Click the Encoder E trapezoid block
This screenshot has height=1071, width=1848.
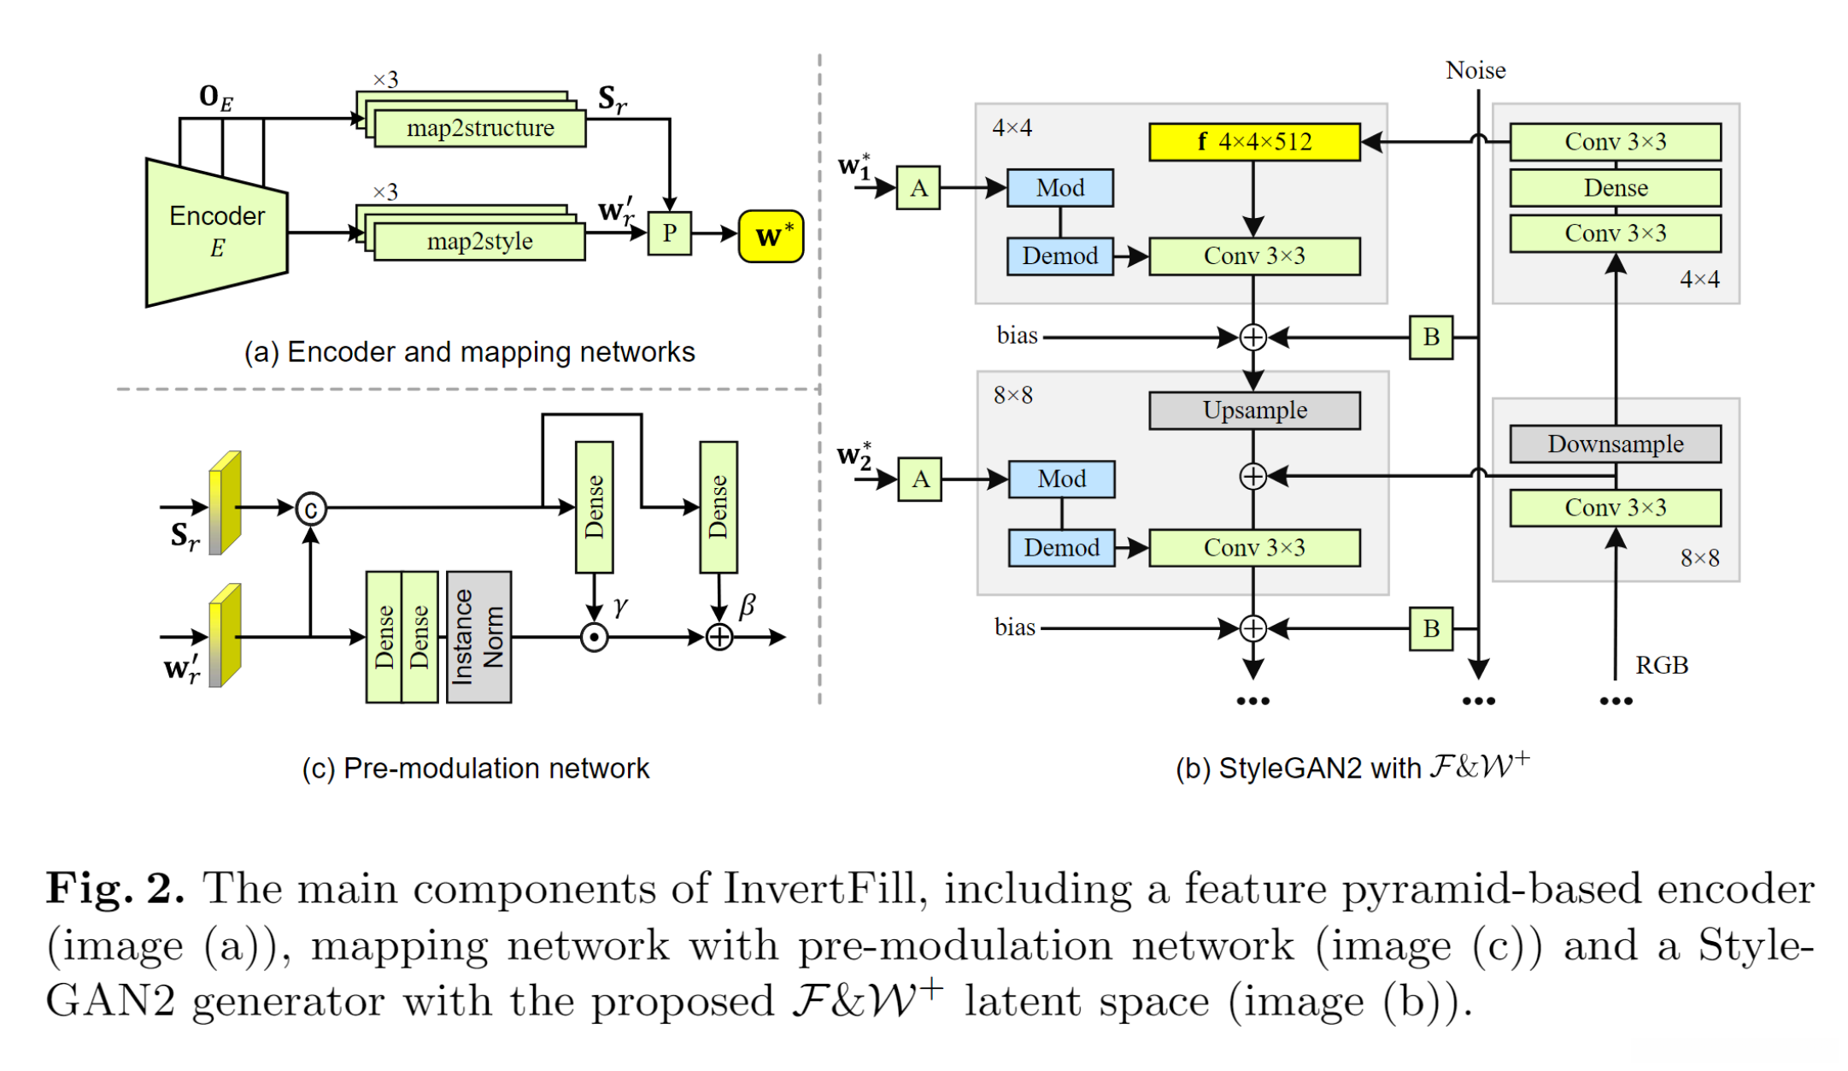(217, 232)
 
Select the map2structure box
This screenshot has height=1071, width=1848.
(480, 128)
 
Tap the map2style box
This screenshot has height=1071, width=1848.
(480, 241)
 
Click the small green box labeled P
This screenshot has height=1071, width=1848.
(669, 233)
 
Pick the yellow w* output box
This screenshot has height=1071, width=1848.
(771, 236)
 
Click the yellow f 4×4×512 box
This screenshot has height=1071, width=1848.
(1254, 142)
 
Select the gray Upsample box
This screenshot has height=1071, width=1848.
(1254, 410)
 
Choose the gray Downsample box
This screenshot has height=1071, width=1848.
(1615, 444)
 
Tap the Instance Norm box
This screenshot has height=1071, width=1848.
(478, 637)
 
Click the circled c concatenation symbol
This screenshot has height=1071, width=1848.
(311, 509)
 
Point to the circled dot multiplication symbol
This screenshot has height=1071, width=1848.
(594, 638)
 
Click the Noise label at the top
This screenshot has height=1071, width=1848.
(1475, 70)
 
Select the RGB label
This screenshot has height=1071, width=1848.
(1661, 665)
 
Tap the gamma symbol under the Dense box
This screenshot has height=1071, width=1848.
(620, 607)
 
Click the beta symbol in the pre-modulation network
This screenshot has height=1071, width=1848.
(747, 606)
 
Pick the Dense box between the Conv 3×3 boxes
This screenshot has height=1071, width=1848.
(1615, 188)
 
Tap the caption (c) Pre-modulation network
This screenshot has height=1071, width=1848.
(476, 768)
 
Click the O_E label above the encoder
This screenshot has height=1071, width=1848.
(215, 97)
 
